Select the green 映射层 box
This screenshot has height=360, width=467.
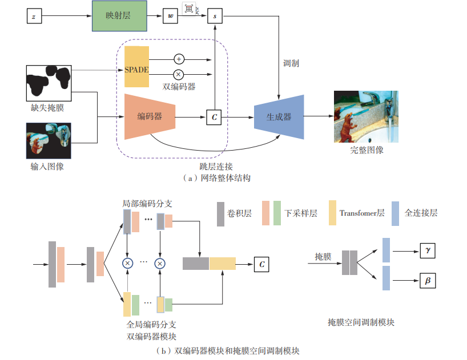click(x=118, y=15)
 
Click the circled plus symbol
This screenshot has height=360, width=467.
click(x=179, y=59)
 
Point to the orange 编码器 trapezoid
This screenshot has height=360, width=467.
click(x=150, y=116)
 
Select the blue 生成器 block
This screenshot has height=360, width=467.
click(x=279, y=116)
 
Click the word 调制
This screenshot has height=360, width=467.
click(x=291, y=63)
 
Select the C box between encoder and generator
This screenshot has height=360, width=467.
click(x=215, y=117)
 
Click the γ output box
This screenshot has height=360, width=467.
click(x=427, y=249)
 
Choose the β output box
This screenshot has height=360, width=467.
click(x=427, y=281)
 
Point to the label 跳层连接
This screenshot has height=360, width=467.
click(x=216, y=167)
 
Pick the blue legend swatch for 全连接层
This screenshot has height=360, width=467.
click(x=395, y=213)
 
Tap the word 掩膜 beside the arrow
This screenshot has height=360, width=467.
click(x=323, y=256)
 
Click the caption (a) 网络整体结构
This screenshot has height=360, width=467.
click(x=216, y=178)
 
